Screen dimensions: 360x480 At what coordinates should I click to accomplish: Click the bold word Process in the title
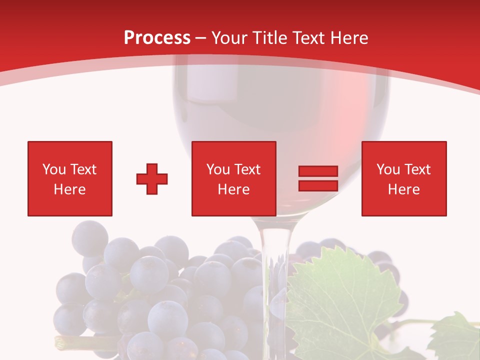click(x=157, y=38)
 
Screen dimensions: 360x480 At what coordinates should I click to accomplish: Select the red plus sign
click(x=152, y=179)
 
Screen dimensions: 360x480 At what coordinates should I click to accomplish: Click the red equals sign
click(x=318, y=178)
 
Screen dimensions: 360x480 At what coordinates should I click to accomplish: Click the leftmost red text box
click(x=70, y=178)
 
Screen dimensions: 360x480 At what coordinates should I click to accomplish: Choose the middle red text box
click(x=233, y=178)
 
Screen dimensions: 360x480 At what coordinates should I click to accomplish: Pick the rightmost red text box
click(x=403, y=178)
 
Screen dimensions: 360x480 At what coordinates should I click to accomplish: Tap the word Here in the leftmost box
click(x=70, y=189)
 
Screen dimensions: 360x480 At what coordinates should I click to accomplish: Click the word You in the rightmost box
click(x=388, y=169)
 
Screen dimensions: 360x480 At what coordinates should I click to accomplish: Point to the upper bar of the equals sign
click(x=318, y=171)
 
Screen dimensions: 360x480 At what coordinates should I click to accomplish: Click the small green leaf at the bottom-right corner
click(x=455, y=335)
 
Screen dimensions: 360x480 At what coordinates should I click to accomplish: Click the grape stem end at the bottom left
click(x=60, y=342)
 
